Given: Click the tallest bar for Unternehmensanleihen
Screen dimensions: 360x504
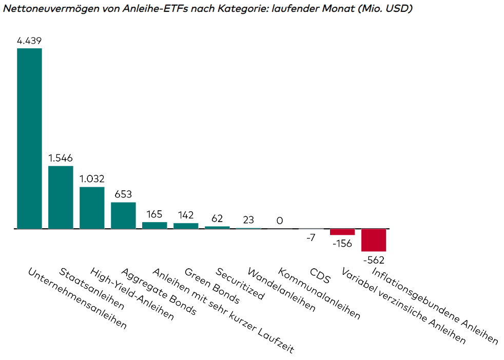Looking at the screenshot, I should pyautogui.click(x=29, y=138).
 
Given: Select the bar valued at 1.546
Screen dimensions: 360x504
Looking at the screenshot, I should pyautogui.click(x=61, y=197).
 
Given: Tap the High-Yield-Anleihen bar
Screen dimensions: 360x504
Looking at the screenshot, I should pyautogui.click(x=92, y=208).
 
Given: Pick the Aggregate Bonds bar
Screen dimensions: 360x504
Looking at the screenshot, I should pyautogui.click(x=123, y=215).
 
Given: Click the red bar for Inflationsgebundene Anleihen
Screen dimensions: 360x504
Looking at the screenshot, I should pyautogui.click(x=374, y=239).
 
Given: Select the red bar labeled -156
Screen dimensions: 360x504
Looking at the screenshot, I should pyautogui.click(x=342, y=232).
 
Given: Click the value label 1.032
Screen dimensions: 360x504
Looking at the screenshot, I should pyautogui.click(x=92, y=179).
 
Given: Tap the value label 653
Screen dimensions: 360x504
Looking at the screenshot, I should pyautogui.click(x=123, y=194).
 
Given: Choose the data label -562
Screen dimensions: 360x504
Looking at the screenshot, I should pyautogui.click(x=374, y=260).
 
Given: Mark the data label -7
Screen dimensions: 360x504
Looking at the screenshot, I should pyautogui.click(x=311, y=238).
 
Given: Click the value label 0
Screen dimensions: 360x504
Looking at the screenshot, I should pyautogui.click(x=280, y=221).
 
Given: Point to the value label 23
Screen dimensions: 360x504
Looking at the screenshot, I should pyautogui.click(x=248, y=220).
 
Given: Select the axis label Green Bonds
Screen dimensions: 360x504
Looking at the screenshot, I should pyautogui.click(x=212, y=286).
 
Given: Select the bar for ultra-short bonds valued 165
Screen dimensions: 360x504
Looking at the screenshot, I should pyautogui.click(x=154, y=225).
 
